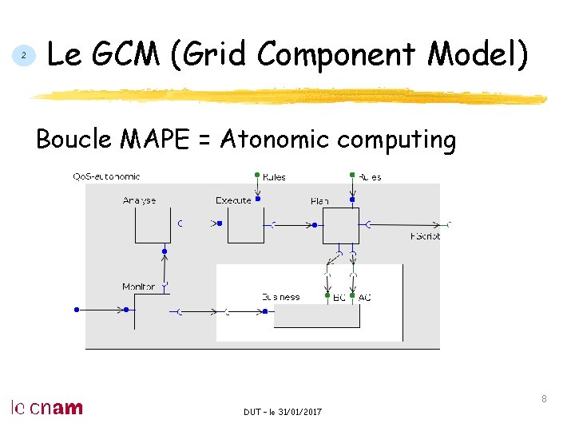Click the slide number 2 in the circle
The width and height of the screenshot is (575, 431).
pos(24,56)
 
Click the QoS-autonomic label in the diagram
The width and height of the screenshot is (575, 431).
pos(106,176)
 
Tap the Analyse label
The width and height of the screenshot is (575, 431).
pos(140,200)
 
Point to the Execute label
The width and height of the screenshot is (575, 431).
pos(233,200)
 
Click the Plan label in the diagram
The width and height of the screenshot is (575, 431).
pos(319,201)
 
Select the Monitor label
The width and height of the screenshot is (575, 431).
pos(138,287)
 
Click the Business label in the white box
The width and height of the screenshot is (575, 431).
pos(280,297)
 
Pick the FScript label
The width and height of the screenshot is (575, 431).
pos(425,236)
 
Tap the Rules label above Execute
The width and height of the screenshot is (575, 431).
pos(273,177)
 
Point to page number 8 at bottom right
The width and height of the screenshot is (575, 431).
pos(544,398)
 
